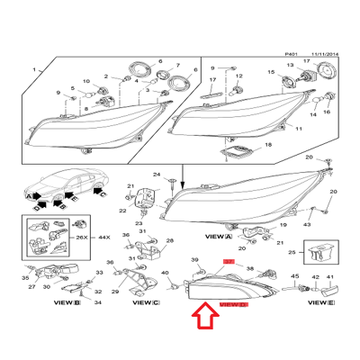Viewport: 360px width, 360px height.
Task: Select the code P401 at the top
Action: tap(290, 53)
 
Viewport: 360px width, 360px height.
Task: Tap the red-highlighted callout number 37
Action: tap(228, 260)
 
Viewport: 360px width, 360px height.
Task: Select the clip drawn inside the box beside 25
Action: tap(319, 253)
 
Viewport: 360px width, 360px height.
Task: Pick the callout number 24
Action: tap(156, 175)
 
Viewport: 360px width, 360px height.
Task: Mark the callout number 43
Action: tap(308, 223)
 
